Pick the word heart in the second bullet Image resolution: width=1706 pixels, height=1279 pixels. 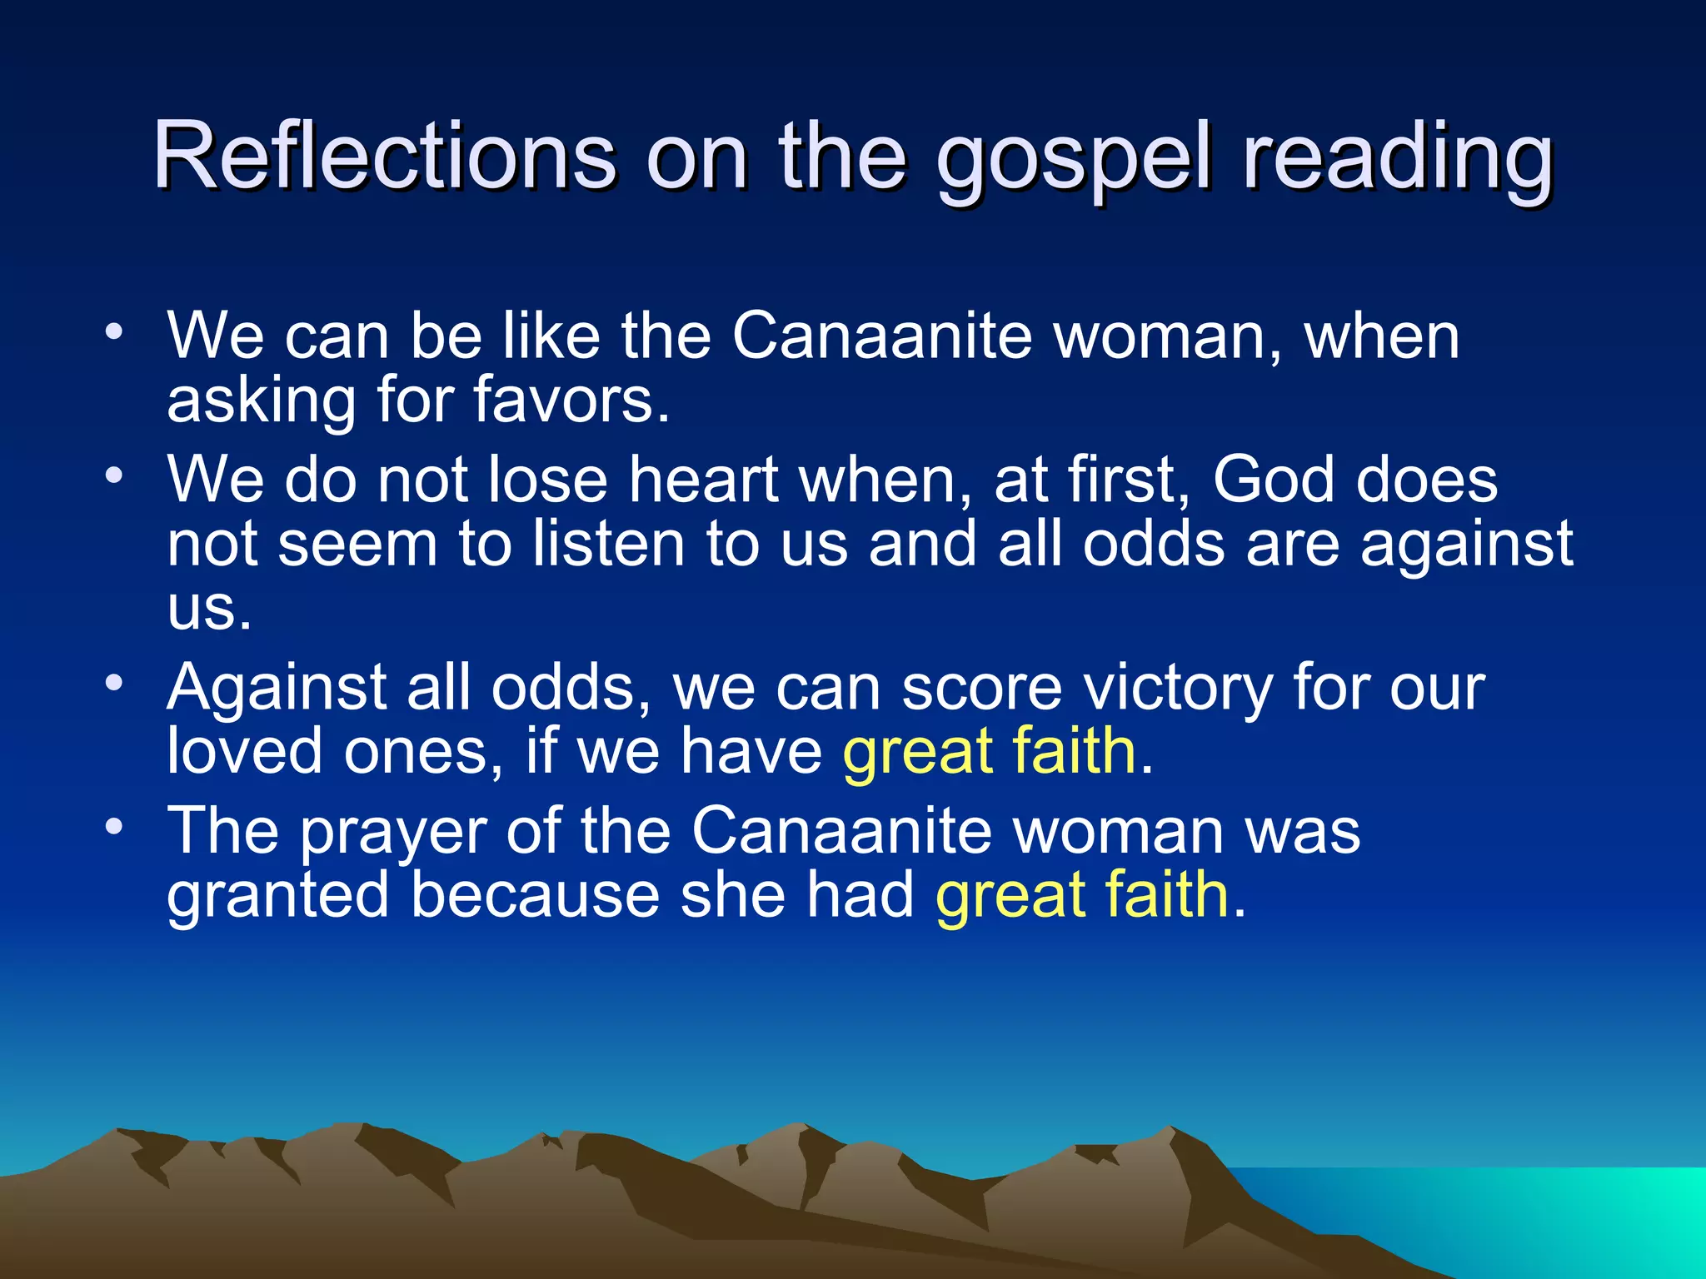(x=704, y=480)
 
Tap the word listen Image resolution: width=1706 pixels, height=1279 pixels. (x=609, y=544)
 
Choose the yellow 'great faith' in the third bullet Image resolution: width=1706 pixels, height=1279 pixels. (x=990, y=752)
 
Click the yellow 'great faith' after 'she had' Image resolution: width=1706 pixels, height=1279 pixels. (x=1082, y=896)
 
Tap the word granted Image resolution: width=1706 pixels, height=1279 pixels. (x=278, y=896)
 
